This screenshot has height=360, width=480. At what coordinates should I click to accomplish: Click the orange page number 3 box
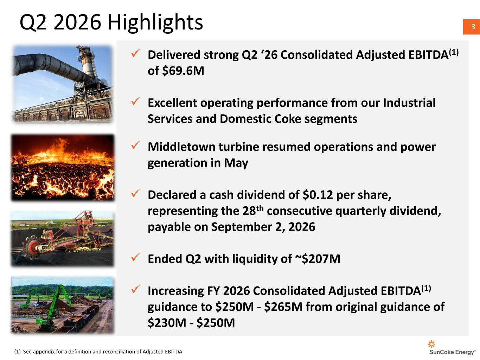pyautogui.click(x=471, y=27)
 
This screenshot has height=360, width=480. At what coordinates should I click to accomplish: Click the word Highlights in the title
pyautogui.click(x=155, y=22)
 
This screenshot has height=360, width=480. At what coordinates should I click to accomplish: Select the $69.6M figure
pyautogui.click(x=183, y=71)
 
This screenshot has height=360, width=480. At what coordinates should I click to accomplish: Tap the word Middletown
pyautogui.click(x=181, y=147)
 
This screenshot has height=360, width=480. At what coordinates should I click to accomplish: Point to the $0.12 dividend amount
pyautogui.click(x=318, y=194)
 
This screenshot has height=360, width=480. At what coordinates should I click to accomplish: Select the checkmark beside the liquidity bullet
pyautogui.click(x=135, y=257)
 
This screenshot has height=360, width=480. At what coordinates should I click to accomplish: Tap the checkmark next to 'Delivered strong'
pyautogui.click(x=135, y=53)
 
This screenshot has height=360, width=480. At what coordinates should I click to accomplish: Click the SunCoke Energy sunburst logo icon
pyautogui.click(x=431, y=344)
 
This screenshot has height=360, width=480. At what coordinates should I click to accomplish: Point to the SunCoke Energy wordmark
pyautogui.click(x=452, y=352)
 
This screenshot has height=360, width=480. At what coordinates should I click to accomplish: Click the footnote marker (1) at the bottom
pyautogui.click(x=18, y=352)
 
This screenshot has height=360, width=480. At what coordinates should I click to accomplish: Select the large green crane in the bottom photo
pyautogui.click(x=57, y=306)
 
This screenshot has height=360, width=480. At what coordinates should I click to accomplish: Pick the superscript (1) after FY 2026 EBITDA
pyautogui.click(x=426, y=288)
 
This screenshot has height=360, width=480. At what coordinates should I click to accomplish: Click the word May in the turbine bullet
pyautogui.click(x=236, y=163)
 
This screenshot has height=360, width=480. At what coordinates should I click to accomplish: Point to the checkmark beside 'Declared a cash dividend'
pyautogui.click(x=135, y=193)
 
